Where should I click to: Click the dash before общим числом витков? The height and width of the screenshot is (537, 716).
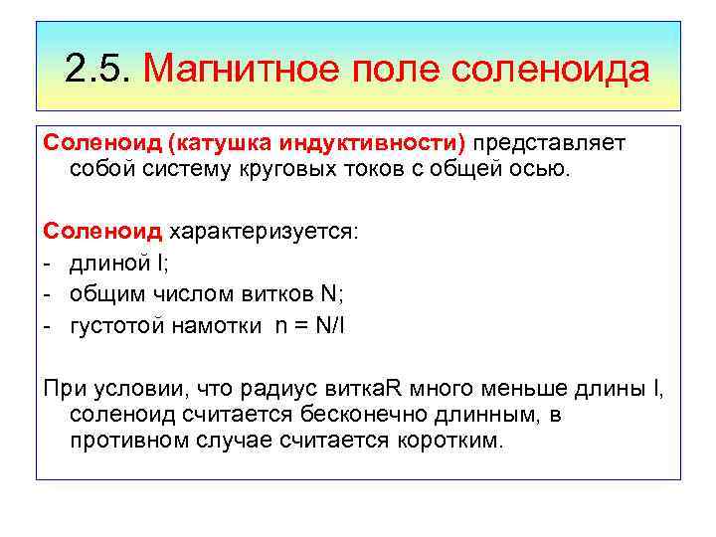tap(47, 293)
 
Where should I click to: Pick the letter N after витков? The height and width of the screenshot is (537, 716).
tap(329, 293)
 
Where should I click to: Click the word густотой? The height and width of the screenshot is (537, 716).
tap(115, 324)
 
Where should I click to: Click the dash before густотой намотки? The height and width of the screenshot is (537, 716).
tap(47, 324)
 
